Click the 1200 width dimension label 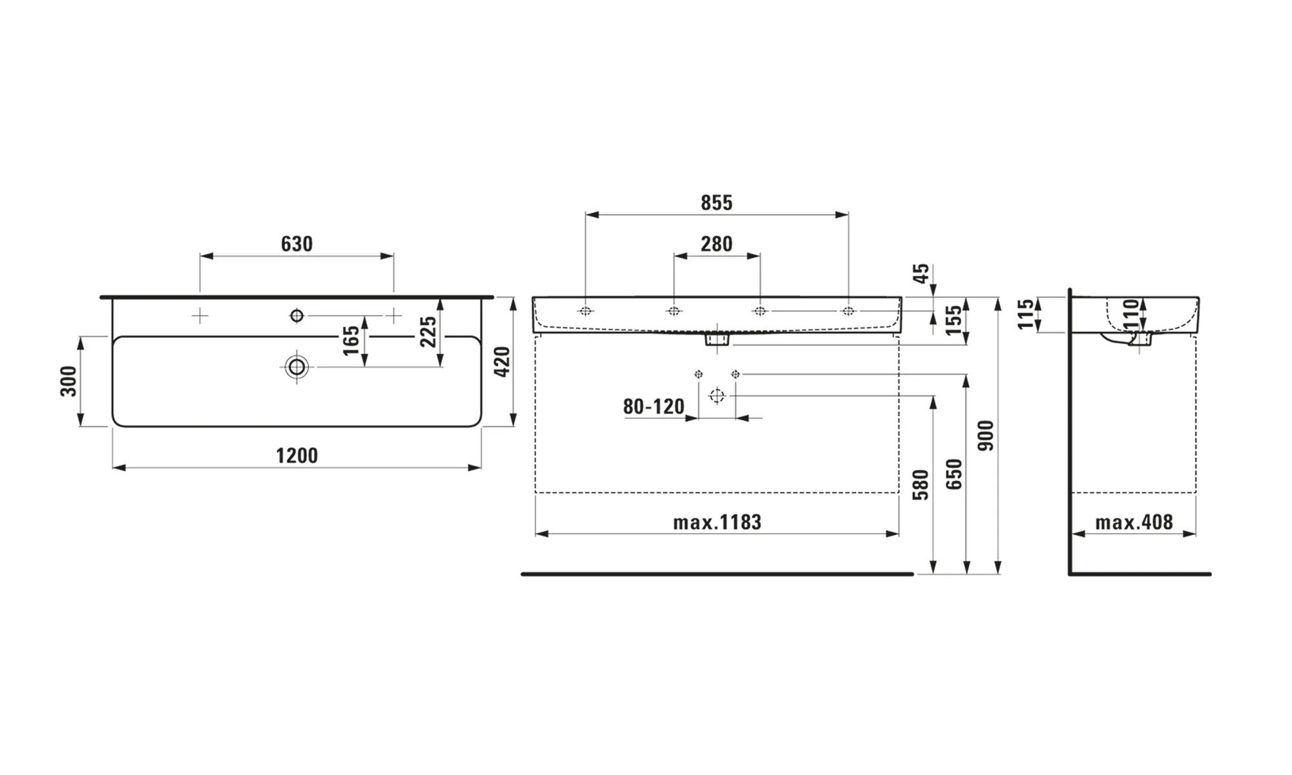pyautogui.click(x=297, y=456)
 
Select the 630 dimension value pyautogui.click(x=297, y=244)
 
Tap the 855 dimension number pyautogui.click(x=717, y=203)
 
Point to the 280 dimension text pyautogui.click(x=717, y=244)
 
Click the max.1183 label pyautogui.click(x=717, y=522)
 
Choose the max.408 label pyautogui.click(x=1134, y=522)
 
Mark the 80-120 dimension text pyautogui.click(x=653, y=407)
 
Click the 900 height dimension pyautogui.click(x=986, y=435)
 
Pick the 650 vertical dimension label pyautogui.click(x=954, y=474)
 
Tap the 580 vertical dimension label pyautogui.click(x=921, y=485)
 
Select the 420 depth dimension pyautogui.click(x=502, y=362)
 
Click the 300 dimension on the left pyautogui.click(x=68, y=381)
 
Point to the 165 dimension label pyautogui.click(x=351, y=340)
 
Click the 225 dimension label pyautogui.click(x=428, y=331)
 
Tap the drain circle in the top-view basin pyautogui.click(x=297, y=367)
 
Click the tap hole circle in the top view pyautogui.click(x=297, y=315)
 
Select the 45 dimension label pyautogui.click(x=922, y=273)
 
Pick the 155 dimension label pyautogui.click(x=954, y=320)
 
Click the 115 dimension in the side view pyautogui.click(x=1025, y=314)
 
